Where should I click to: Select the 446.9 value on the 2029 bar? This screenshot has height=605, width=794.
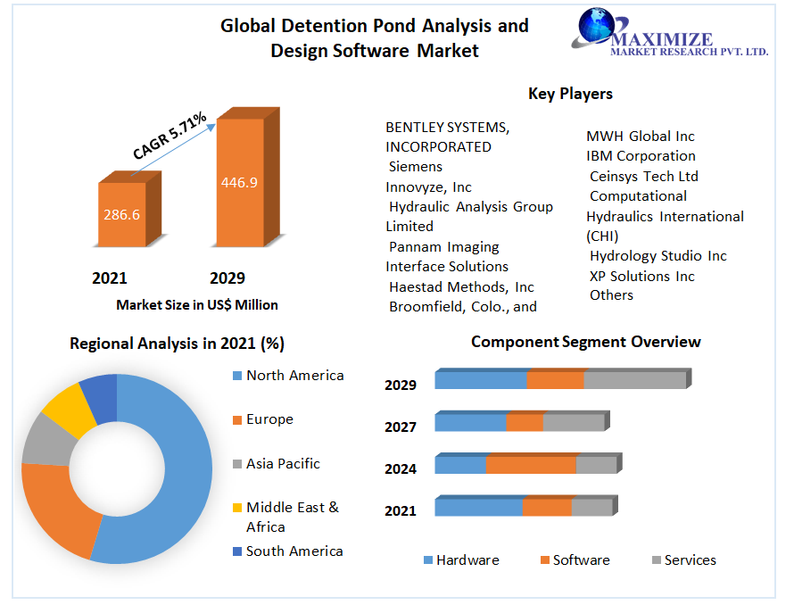coord(239,182)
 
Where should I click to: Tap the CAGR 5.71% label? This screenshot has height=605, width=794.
coord(170,137)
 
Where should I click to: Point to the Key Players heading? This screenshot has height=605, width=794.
coord(570,94)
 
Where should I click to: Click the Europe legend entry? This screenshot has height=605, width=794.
coord(269,419)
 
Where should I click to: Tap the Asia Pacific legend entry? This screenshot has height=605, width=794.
coord(283,464)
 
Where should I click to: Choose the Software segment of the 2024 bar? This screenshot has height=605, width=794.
coord(531,465)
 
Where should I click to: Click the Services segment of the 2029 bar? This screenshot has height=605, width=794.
coord(634,379)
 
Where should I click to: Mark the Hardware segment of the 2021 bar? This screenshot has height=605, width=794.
coord(478,507)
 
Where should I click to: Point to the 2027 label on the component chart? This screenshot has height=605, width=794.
coord(401,427)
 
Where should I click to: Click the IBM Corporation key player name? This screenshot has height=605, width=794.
coord(641,156)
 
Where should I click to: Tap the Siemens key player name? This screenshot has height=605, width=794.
coord(416,167)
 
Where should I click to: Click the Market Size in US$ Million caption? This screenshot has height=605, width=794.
coord(197,305)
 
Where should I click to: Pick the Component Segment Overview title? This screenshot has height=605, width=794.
coord(586,342)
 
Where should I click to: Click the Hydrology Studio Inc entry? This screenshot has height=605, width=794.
coord(658,256)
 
